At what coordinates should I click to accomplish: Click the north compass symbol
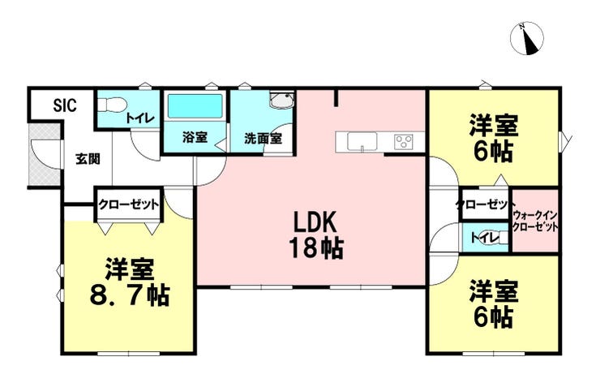[527, 38]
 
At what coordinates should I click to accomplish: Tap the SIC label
[65, 105]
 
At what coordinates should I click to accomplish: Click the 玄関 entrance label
[88, 158]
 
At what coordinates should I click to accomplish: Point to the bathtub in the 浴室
[195, 106]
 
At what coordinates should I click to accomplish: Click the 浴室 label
[195, 137]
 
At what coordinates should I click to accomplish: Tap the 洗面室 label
[263, 138]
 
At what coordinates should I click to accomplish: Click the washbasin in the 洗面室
[281, 101]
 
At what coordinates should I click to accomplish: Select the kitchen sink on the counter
[362, 141]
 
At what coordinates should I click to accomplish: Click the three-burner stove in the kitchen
[404, 142]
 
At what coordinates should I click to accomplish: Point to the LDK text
[315, 221]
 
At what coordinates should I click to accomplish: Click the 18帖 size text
[315, 247]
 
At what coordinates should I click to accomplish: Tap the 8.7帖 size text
[130, 295]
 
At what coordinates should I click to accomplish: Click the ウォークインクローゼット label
[535, 221]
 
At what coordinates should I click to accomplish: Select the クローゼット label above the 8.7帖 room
[128, 204]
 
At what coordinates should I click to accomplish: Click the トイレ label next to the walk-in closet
[484, 238]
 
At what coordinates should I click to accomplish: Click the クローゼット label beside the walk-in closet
[486, 204]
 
